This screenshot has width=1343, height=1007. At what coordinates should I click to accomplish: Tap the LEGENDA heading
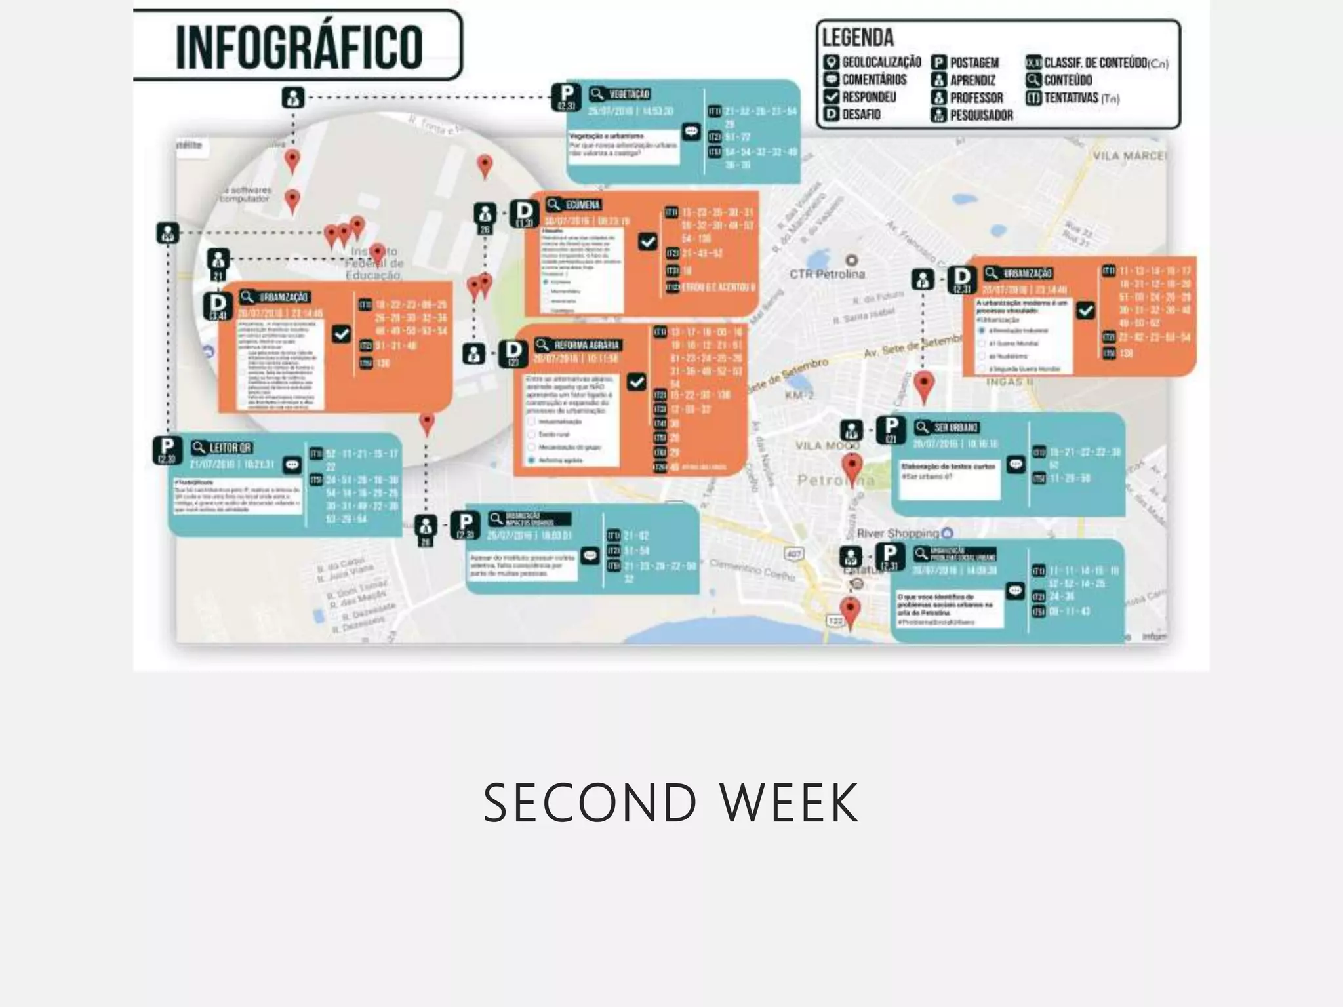click(x=858, y=38)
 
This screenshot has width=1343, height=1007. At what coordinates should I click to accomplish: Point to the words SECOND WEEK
click(x=671, y=803)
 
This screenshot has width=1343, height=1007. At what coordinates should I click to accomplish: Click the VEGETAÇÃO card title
click(x=629, y=94)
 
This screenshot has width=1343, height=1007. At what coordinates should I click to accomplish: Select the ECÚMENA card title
click(x=582, y=205)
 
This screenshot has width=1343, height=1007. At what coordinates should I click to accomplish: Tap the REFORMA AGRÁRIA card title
click(x=586, y=345)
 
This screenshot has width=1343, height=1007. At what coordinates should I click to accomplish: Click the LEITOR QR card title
click(x=230, y=448)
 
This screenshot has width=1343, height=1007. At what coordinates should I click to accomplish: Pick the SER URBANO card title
click(x=955, y=427)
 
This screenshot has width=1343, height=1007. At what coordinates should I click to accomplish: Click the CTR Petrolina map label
click(x=827, y=274)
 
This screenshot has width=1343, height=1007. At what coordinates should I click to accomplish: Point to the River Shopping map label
click(x=898, y=533)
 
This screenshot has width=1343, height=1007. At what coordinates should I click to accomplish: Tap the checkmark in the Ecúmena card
click(x=647, y=242)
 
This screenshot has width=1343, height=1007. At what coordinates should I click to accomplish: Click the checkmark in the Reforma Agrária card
click(x=636, y=382)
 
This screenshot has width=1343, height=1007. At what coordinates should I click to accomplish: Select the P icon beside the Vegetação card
click(x=567, y=96)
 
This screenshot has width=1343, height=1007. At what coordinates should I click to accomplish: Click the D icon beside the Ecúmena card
click(x=524, y=212)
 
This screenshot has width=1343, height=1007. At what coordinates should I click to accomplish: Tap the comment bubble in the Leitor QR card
click(x=292, y=465)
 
